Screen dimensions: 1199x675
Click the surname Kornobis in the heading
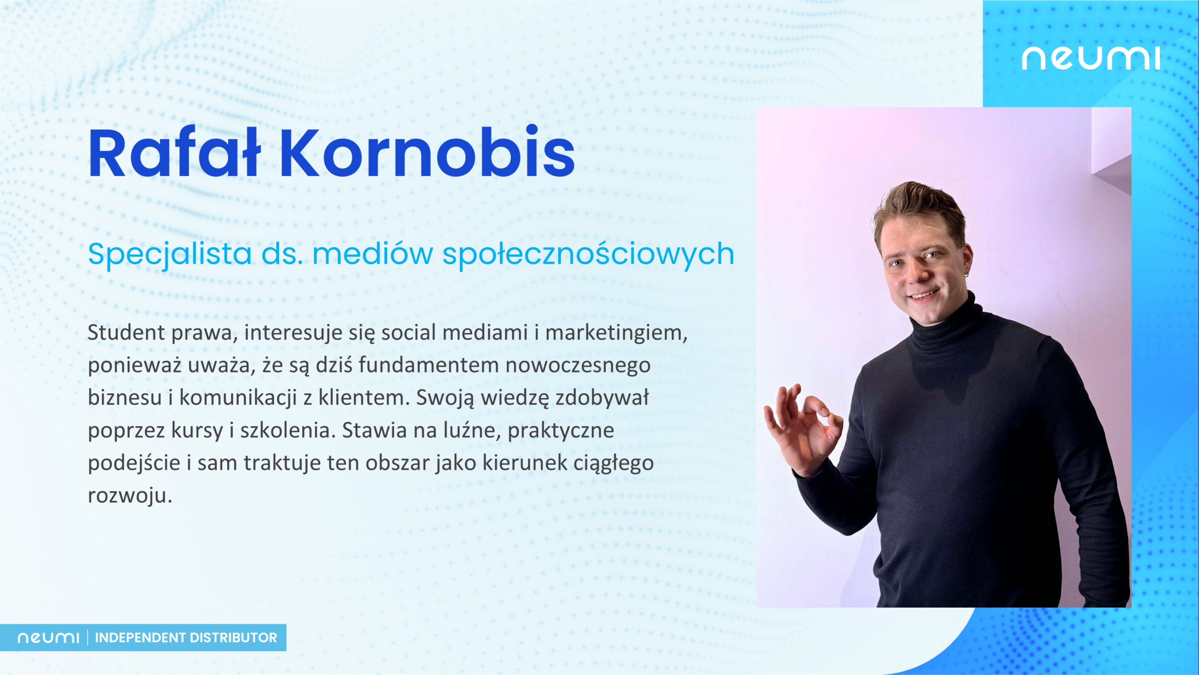427,152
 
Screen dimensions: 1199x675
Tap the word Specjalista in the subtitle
170,255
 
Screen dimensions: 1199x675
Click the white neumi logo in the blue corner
1091,58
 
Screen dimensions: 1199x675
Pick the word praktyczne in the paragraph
561,431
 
